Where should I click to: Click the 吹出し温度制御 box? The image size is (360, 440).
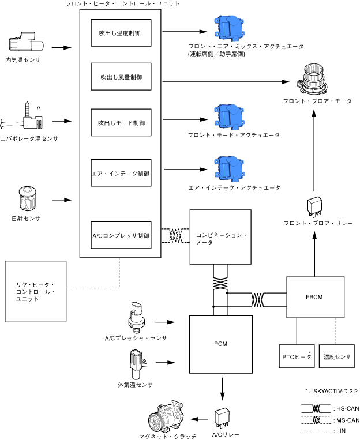pyautogui.click(x=121, y=33)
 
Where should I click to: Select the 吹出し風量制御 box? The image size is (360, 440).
pyautogui.click(x=121, y=77)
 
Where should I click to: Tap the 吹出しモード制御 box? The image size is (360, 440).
pyautogui.click(x=121, y=123)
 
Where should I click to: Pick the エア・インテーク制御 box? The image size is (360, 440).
pyautogui.click(x=121, y=172)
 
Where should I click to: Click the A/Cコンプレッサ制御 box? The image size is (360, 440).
pyautogui.click(x=121, y=235)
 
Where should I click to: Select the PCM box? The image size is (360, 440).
pyautogui.click(x=221, y=344)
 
